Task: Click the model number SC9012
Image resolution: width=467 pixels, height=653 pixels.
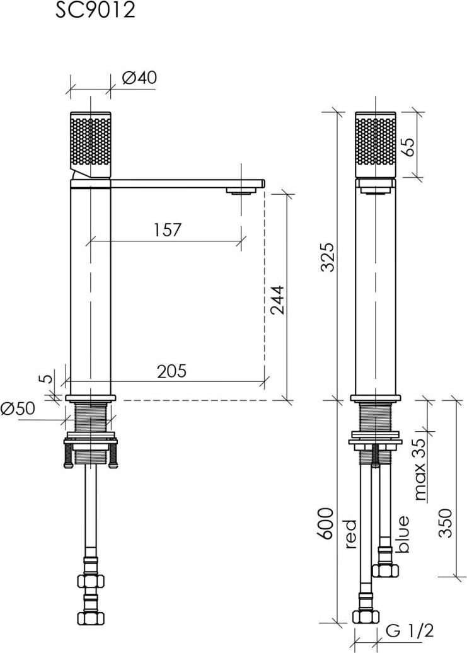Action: click(x=96, y=9)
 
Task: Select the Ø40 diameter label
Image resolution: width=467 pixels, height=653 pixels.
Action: click(x=140, y=78)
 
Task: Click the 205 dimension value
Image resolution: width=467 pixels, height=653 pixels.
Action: click(x=172, y=371)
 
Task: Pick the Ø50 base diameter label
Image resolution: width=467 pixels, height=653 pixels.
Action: click(x=18, y=408)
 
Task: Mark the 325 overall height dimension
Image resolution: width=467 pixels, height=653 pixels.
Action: click(x=328, y=257)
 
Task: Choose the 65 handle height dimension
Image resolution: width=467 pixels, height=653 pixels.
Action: click(x=409, y=147)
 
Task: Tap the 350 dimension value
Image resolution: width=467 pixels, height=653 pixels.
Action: click(x=446, y=523)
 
